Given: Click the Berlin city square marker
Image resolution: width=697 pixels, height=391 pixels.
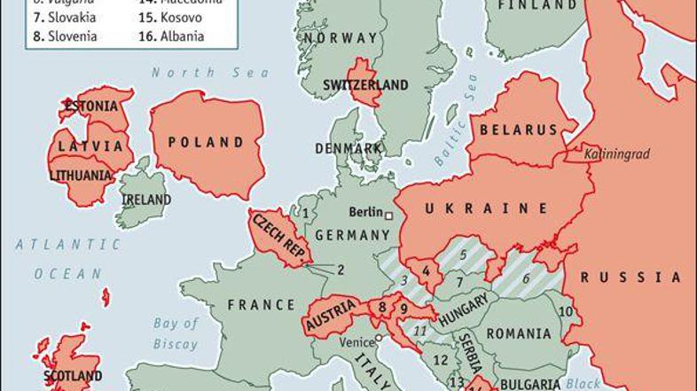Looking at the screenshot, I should pyautogui.click(x=388, y=214).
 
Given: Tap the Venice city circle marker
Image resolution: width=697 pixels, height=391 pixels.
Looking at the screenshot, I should pyautogui.click(x=379, y=338).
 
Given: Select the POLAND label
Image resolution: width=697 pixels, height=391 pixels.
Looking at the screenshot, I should pyautogui.click(x=207, y=142).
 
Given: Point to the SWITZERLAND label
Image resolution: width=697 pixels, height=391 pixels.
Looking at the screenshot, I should pyautogui.click(x=365, y=85).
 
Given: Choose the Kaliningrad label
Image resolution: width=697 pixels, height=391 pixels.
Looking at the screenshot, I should pyautogui.click(x=616, y=154).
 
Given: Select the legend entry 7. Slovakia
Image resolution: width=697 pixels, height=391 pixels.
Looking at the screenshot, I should pyautogui.click(x=62, y=18).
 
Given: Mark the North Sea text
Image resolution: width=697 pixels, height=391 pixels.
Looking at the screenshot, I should pyautogui.click(x=197, y=73).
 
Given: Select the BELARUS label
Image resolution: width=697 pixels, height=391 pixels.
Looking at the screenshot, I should pyautogui.click(x=519, y=129).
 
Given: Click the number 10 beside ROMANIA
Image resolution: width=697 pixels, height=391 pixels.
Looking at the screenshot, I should pyautogui.click(x=565, y=311).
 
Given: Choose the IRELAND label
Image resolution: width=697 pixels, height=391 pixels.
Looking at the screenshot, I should pyautogui.click(x=146, y=199).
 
